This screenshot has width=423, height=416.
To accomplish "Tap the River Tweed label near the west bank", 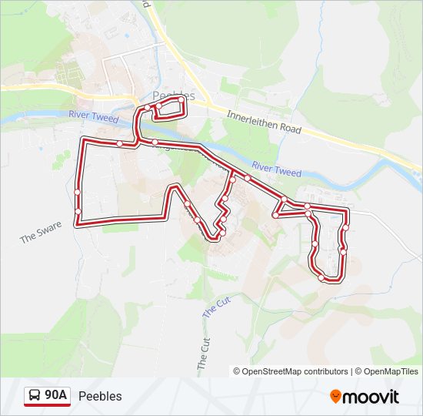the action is (93, 116).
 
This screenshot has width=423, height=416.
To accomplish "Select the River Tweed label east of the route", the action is (276, 169).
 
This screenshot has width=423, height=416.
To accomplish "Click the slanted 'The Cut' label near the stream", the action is (216, 307).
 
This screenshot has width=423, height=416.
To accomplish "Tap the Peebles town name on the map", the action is (174, 96).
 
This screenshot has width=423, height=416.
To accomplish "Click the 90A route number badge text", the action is (55, 395).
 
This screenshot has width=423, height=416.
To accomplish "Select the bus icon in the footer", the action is (35, 396).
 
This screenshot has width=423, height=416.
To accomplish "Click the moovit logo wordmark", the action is (371, 397).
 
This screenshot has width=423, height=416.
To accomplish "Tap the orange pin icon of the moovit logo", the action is (335, 396).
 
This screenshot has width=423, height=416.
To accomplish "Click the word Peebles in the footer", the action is (100, 396).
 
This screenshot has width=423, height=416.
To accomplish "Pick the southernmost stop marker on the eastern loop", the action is (321, 277).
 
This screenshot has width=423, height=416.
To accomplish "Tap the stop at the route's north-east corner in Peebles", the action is (182, 100).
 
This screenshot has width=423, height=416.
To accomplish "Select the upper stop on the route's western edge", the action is (78, 192).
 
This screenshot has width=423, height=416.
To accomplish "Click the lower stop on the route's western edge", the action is (78, 210).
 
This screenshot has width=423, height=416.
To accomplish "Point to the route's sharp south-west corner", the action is (77, 224).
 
